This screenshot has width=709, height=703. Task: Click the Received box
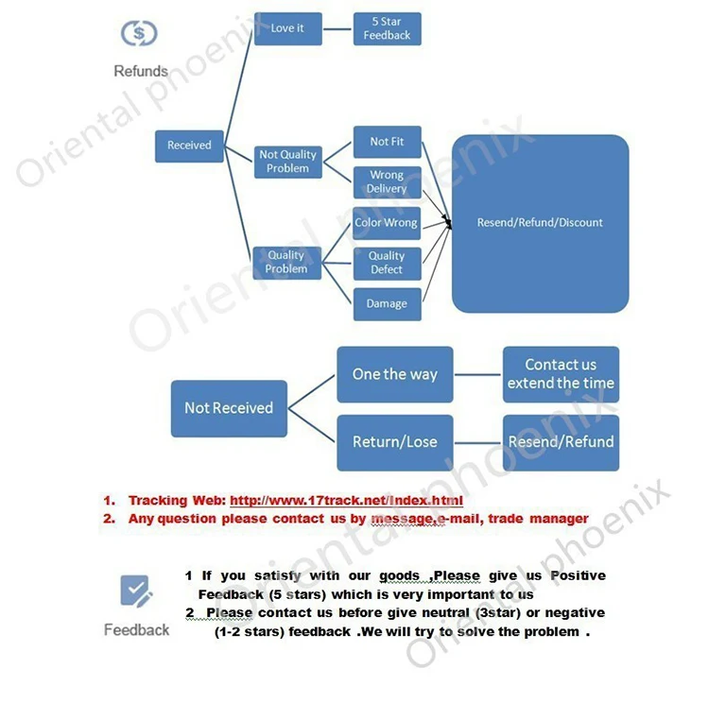189,146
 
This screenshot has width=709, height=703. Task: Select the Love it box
287,28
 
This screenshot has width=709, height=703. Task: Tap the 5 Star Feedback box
387,28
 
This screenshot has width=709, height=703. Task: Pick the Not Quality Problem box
287,162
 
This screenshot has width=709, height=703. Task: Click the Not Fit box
387,142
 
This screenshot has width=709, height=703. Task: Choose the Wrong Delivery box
387,182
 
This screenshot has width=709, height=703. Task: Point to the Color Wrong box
387,223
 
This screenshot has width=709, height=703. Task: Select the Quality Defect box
387,263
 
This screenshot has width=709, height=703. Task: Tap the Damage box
387,304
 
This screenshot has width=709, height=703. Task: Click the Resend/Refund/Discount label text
540,223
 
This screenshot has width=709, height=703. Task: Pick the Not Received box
229,408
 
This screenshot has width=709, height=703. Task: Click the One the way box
394,374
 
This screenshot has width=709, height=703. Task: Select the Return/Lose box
394,442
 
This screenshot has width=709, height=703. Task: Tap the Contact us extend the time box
561,374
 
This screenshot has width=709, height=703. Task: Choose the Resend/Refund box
561,442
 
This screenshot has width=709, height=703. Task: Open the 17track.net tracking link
346,501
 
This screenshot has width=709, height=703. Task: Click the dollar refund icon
140,34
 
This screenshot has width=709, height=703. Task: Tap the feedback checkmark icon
136,592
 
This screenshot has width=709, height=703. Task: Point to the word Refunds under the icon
140,71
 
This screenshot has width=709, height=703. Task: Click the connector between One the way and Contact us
477,374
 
